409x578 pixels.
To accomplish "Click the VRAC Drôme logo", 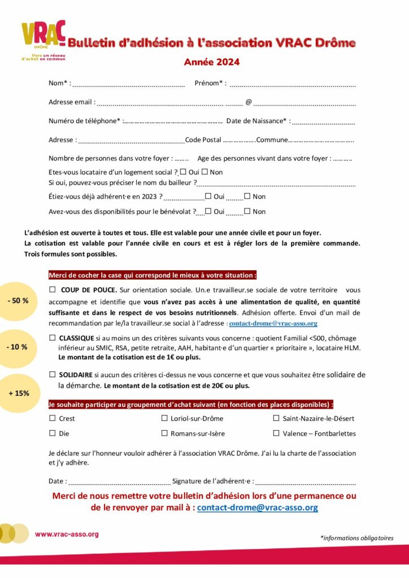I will click(43, 40).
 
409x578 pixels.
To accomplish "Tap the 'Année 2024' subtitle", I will click(212, 62).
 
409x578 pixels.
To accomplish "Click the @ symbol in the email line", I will click(248, 103).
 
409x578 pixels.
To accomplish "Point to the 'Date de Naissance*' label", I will click(259, 121).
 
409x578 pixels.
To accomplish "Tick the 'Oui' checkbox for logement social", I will click(183, 172).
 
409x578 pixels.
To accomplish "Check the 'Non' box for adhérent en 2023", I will click(247, 196).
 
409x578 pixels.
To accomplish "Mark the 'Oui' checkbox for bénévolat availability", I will click(208, 212).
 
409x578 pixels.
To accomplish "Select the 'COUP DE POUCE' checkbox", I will click(53, 290).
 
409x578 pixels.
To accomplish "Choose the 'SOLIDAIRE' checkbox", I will click(53, 374).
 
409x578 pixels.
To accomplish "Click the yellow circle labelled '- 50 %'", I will click(18, 301).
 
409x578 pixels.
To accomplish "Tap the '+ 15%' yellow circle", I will click(18, 393).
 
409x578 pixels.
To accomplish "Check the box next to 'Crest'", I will click(53, 418).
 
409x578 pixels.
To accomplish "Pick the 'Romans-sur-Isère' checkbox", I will click(165, 433).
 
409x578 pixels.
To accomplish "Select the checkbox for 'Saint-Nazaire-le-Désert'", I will click(276, 418).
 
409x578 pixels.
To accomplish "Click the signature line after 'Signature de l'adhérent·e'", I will click(305, 483).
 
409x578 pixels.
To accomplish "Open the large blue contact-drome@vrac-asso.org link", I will click(257, 507).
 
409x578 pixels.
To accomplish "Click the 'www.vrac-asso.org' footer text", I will click(67, 534).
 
